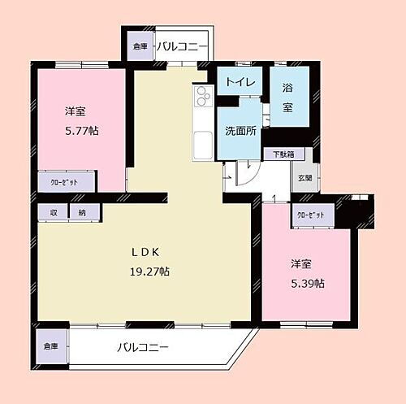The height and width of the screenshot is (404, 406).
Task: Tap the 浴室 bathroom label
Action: [x=288, y=96]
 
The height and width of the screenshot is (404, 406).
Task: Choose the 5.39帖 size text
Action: [x=308, y=283]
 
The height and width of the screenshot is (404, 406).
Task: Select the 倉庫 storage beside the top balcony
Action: [x=138, y=47]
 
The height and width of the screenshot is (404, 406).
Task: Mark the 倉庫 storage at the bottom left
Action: [x=51, y=346]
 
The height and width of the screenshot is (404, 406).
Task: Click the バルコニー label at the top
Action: [x=182, y=46]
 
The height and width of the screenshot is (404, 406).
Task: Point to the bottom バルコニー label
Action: [x=142, y=347]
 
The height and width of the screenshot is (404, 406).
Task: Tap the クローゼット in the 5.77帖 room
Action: [x=65, y=182]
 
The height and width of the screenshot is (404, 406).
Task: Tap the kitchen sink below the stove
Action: [x=201, y=144]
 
